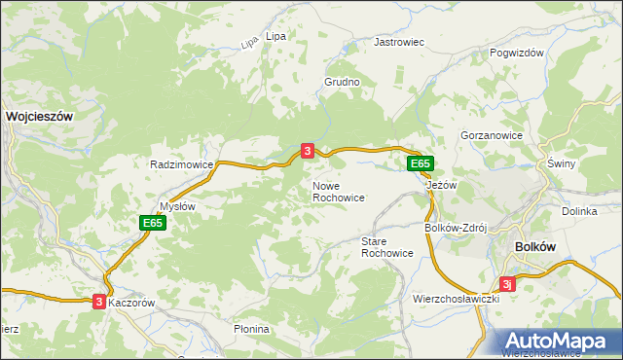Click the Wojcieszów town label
(40, 115)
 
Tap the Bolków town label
(534, 247)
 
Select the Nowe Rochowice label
(338, 192)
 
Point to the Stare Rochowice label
(386, 247)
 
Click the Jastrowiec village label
(400, 43)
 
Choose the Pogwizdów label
(517, 54)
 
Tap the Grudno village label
(343, 83)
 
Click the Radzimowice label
(181, 165)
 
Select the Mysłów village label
(177, 206)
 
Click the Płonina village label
(251, 330)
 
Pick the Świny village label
(562, 163)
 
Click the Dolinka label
(578, 211)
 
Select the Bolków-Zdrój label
(455, 228)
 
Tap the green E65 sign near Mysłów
(152, 224)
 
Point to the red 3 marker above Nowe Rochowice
(308, 151)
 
